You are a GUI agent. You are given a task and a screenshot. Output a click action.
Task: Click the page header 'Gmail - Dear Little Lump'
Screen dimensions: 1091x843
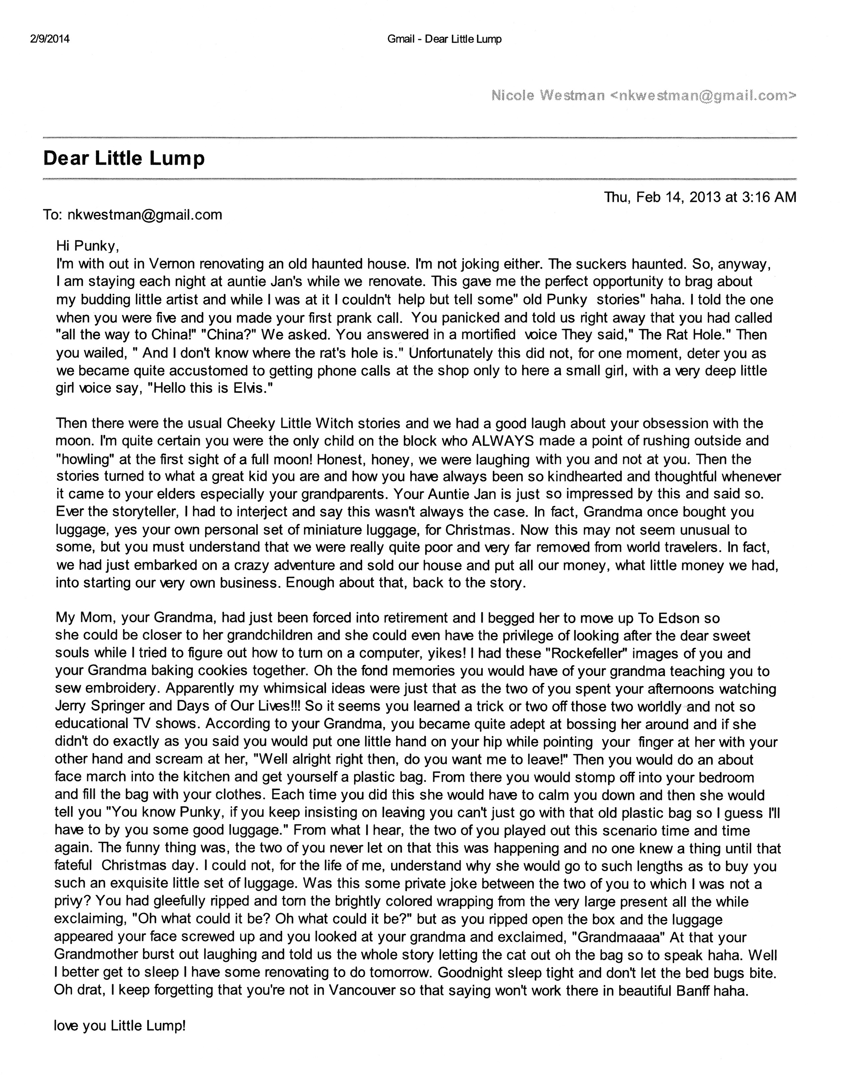pos(444,39)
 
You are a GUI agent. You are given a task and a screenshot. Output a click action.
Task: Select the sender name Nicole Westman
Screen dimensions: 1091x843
pos(548,95)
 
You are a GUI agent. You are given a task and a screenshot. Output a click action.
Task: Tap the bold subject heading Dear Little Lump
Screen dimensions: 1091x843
pos(124,158)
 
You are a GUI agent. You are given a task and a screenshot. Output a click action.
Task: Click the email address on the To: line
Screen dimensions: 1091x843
pos(144,215)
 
